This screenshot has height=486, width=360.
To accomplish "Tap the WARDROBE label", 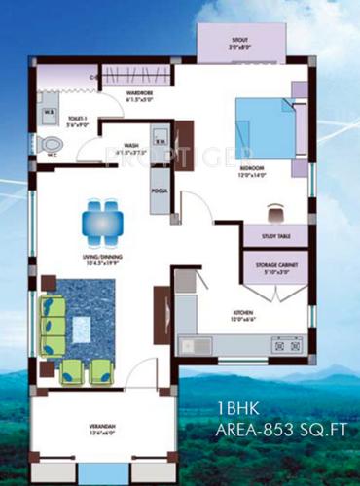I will click(x=142, y=95).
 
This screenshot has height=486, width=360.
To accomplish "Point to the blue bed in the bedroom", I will click(x=265, y=129).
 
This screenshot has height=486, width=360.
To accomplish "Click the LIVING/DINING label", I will click(x=101, y=258).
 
